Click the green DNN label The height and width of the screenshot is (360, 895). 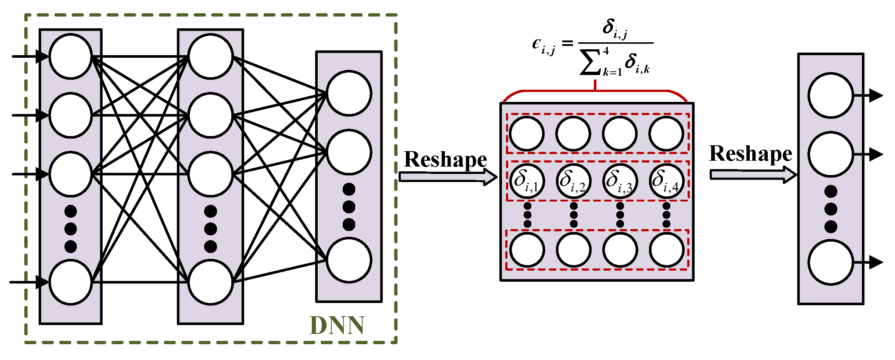[x=337, y=325]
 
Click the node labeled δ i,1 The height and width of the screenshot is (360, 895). [x=527, y=181]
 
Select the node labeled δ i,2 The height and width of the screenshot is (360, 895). [x=573, y=181]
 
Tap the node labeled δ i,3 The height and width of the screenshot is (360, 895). [x=620, y=181]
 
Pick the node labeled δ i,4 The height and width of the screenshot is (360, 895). [x=666, y=181]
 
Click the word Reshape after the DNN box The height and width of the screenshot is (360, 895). [x=445, y=160]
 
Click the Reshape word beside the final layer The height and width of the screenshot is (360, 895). [x=750, y=154]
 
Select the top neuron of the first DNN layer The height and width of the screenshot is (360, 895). [x=70, y=56]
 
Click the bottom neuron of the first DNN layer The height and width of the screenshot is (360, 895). [x=70, y=282]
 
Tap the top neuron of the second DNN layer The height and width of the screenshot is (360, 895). [x=210, y=56]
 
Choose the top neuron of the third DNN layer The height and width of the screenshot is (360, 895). [x=349, y=93]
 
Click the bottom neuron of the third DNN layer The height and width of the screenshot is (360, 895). [x=349, y=260]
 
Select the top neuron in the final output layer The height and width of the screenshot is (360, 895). [x=830, y=96]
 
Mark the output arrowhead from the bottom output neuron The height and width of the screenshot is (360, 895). [x=876, y=262]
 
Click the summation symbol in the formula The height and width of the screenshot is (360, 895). [x=590, y=63]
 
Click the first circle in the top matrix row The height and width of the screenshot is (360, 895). [x=527, y=133]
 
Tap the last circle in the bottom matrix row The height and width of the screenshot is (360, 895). [x=666, y=250]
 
